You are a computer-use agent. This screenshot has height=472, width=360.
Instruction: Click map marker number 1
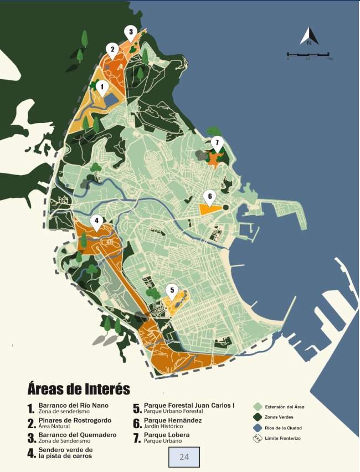pos(101,86)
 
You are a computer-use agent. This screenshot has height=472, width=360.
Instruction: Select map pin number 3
pos(130,32)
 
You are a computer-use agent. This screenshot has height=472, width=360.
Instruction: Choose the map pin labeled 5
pos(172,290)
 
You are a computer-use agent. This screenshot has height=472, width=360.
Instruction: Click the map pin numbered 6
pos(209,196)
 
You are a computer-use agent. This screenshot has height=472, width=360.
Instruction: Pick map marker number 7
pos(217,142)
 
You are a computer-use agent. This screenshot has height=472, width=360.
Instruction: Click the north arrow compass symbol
pos(309,37)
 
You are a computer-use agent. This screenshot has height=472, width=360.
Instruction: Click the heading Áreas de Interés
pos(78,388)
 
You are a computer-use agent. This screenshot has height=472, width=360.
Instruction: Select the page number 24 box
pos(184,457)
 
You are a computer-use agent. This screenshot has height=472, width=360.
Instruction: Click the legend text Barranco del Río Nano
pos(77,406)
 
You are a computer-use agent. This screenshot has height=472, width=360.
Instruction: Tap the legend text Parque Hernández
pos(173,420)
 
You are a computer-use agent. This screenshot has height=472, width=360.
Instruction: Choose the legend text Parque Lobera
pos(167,435)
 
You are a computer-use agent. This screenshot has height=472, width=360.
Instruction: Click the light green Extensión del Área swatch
pos(258,407)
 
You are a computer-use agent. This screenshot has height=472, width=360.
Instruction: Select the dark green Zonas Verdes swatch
pos(258,417)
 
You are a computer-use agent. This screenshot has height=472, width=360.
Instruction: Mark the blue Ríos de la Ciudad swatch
pos(258,428)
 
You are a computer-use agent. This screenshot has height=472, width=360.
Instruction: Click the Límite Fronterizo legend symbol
pos(258,438)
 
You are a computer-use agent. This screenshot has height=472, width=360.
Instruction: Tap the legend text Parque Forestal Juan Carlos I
pos(189,406)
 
